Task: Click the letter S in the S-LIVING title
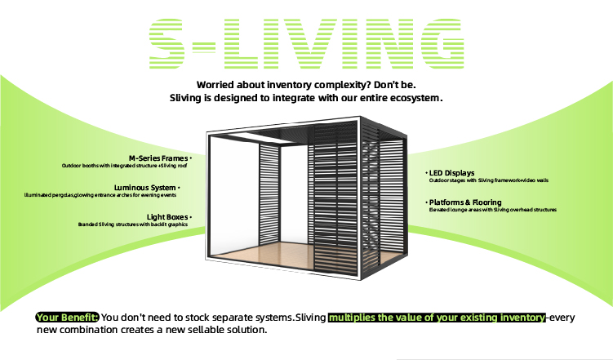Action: coord(167,44)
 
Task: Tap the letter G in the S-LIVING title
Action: coord(442,44)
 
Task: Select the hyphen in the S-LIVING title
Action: coord(204,47)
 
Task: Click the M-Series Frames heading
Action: coord(158,158)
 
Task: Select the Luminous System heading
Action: coord(144,188)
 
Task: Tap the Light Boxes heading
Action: coord(167,217)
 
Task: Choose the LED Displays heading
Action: coord(452,173)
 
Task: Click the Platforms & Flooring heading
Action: coord(465,202)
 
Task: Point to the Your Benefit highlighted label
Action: coord(67,318)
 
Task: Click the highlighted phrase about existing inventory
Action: coord(437,318)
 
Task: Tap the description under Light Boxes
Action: coord(133,224)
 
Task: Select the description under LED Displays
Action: coord(489,180)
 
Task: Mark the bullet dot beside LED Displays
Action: coord(426,173)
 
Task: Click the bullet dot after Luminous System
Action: coord(179,188)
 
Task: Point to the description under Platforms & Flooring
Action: coord(492,210)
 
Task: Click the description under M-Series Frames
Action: coord(124,166)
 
